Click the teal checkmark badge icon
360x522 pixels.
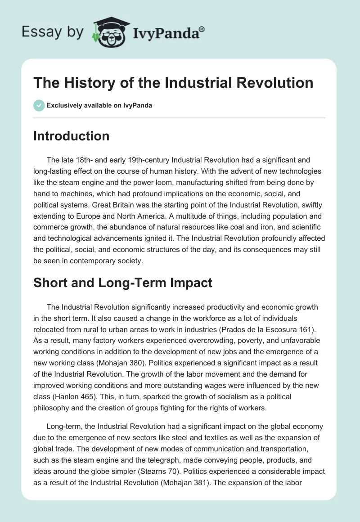pyautogui.click(x=39, y=105)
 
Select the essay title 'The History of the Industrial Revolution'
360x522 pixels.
pyautogui.click(x=173, y=83)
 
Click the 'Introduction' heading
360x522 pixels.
pyautogui.click(x=71, y=136)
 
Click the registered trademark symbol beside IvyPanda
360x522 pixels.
pyautogui.click(x=202, y=28)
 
